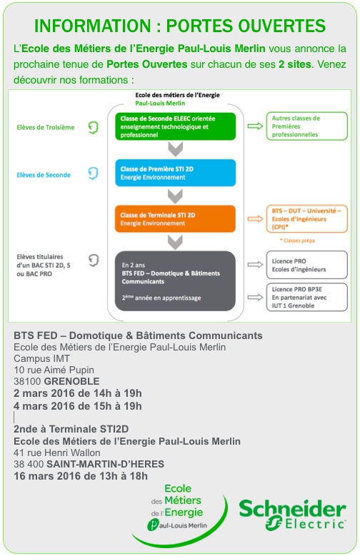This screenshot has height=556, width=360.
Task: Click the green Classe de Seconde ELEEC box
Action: click(176, 126)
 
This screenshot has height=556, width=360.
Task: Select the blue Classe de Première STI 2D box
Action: click(176, 173)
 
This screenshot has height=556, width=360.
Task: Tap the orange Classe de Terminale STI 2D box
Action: click(176, 219)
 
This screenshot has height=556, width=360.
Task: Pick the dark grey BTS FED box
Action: click(176, 280)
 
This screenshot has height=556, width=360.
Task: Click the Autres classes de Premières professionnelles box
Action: click(306, 126)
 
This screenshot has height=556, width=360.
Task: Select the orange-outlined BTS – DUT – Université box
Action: click(306, 219)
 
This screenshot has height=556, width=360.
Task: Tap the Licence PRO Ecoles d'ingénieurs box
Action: click(306, 265)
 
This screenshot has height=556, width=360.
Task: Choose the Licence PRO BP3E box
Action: click(306, 297)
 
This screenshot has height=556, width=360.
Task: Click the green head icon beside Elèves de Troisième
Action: click(93, 127)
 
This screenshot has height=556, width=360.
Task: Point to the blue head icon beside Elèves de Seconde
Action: click(93, 173)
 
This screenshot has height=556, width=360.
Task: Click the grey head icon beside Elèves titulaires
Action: click(94, 261)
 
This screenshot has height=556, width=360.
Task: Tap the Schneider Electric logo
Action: click(293, 515)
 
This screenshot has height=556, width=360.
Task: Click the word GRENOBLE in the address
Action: click(71, 382)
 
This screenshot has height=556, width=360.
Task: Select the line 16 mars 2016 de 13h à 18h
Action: click(81, 476)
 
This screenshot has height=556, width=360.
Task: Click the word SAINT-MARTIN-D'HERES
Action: click(106, 464)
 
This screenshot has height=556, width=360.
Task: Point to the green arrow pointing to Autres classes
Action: click(255, 126)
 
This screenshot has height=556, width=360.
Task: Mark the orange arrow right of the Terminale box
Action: click(255, 219)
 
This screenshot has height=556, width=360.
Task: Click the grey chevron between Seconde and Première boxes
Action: click(176, 149)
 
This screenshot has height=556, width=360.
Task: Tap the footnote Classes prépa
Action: click(298, 241)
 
